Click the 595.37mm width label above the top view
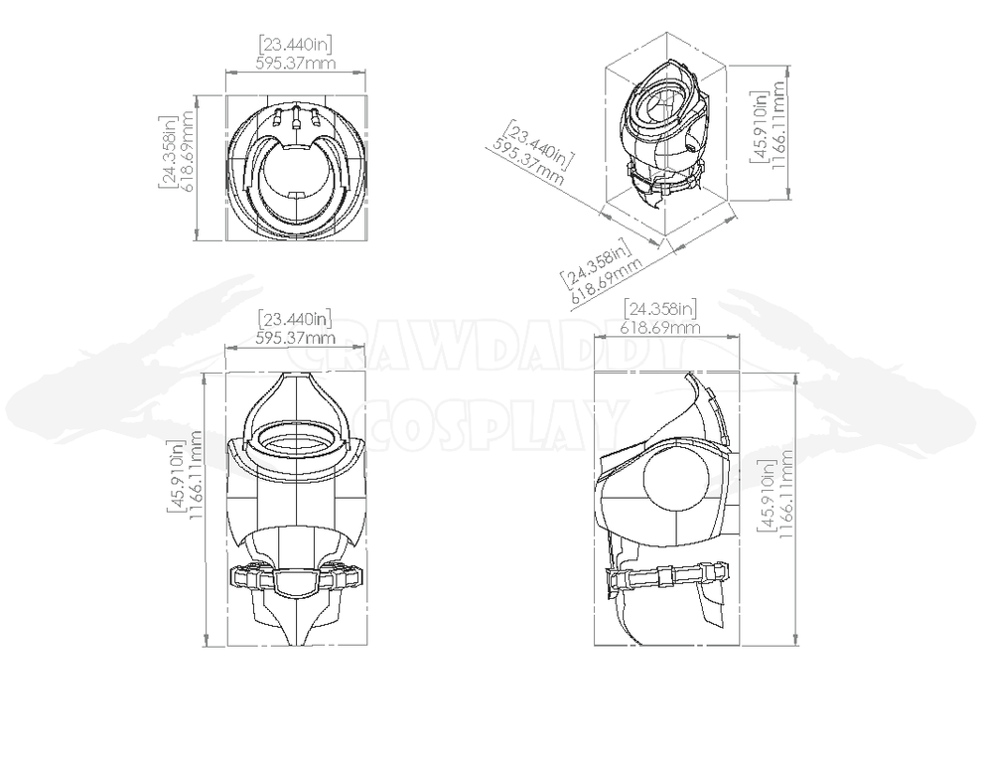(x=295, y=63)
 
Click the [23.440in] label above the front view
(x=295, y=319)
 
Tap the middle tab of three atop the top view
(x=296, y=117)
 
